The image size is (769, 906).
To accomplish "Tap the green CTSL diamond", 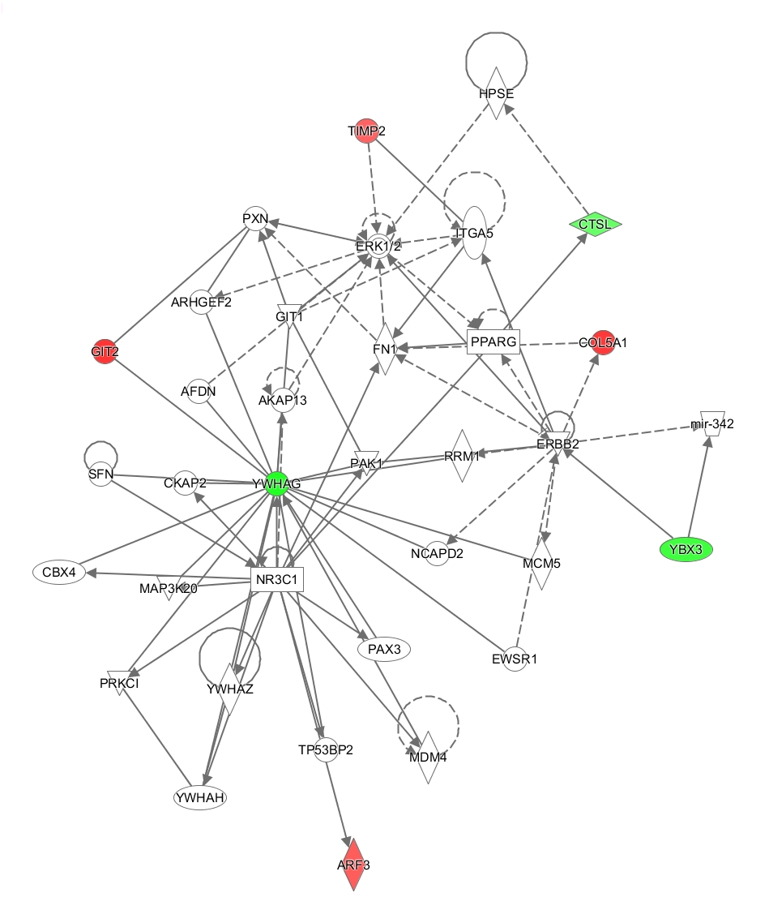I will pyautogui.click(x=596, y=222).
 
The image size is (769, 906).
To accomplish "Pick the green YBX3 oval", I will pyautogui.click(x=686, y=549).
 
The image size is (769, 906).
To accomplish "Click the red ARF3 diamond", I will pyautogui.click(x=353, y=864).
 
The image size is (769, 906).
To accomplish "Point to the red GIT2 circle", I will pyautogui.click(x=104, y=350).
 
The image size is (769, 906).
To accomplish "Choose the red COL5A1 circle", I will pyautogui.click(x=603, y=342).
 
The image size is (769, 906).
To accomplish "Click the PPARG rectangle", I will pyautogui.click(x=493, y=341).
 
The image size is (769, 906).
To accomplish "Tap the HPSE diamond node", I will pyautogui.click(x=494, y=94).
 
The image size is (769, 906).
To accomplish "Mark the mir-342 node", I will pyautogui.click(x=711, y=423).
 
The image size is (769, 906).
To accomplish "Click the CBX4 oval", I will pyautogui.click(x=58, y=572).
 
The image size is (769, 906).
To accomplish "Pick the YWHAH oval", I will pyautogui.click(x=199, y=797).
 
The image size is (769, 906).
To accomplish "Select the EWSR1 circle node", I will pyautogui.click(x=514, y=658).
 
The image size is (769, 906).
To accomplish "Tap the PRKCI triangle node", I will pyautogui.click(x=121, y=683).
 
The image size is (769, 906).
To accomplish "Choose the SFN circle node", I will pyautogui.click(x=100, y=475).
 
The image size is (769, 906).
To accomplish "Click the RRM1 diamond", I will pyautogui.click(x=462, y=456).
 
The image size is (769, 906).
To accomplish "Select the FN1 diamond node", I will pyautogui.click(x=384, y=350).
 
